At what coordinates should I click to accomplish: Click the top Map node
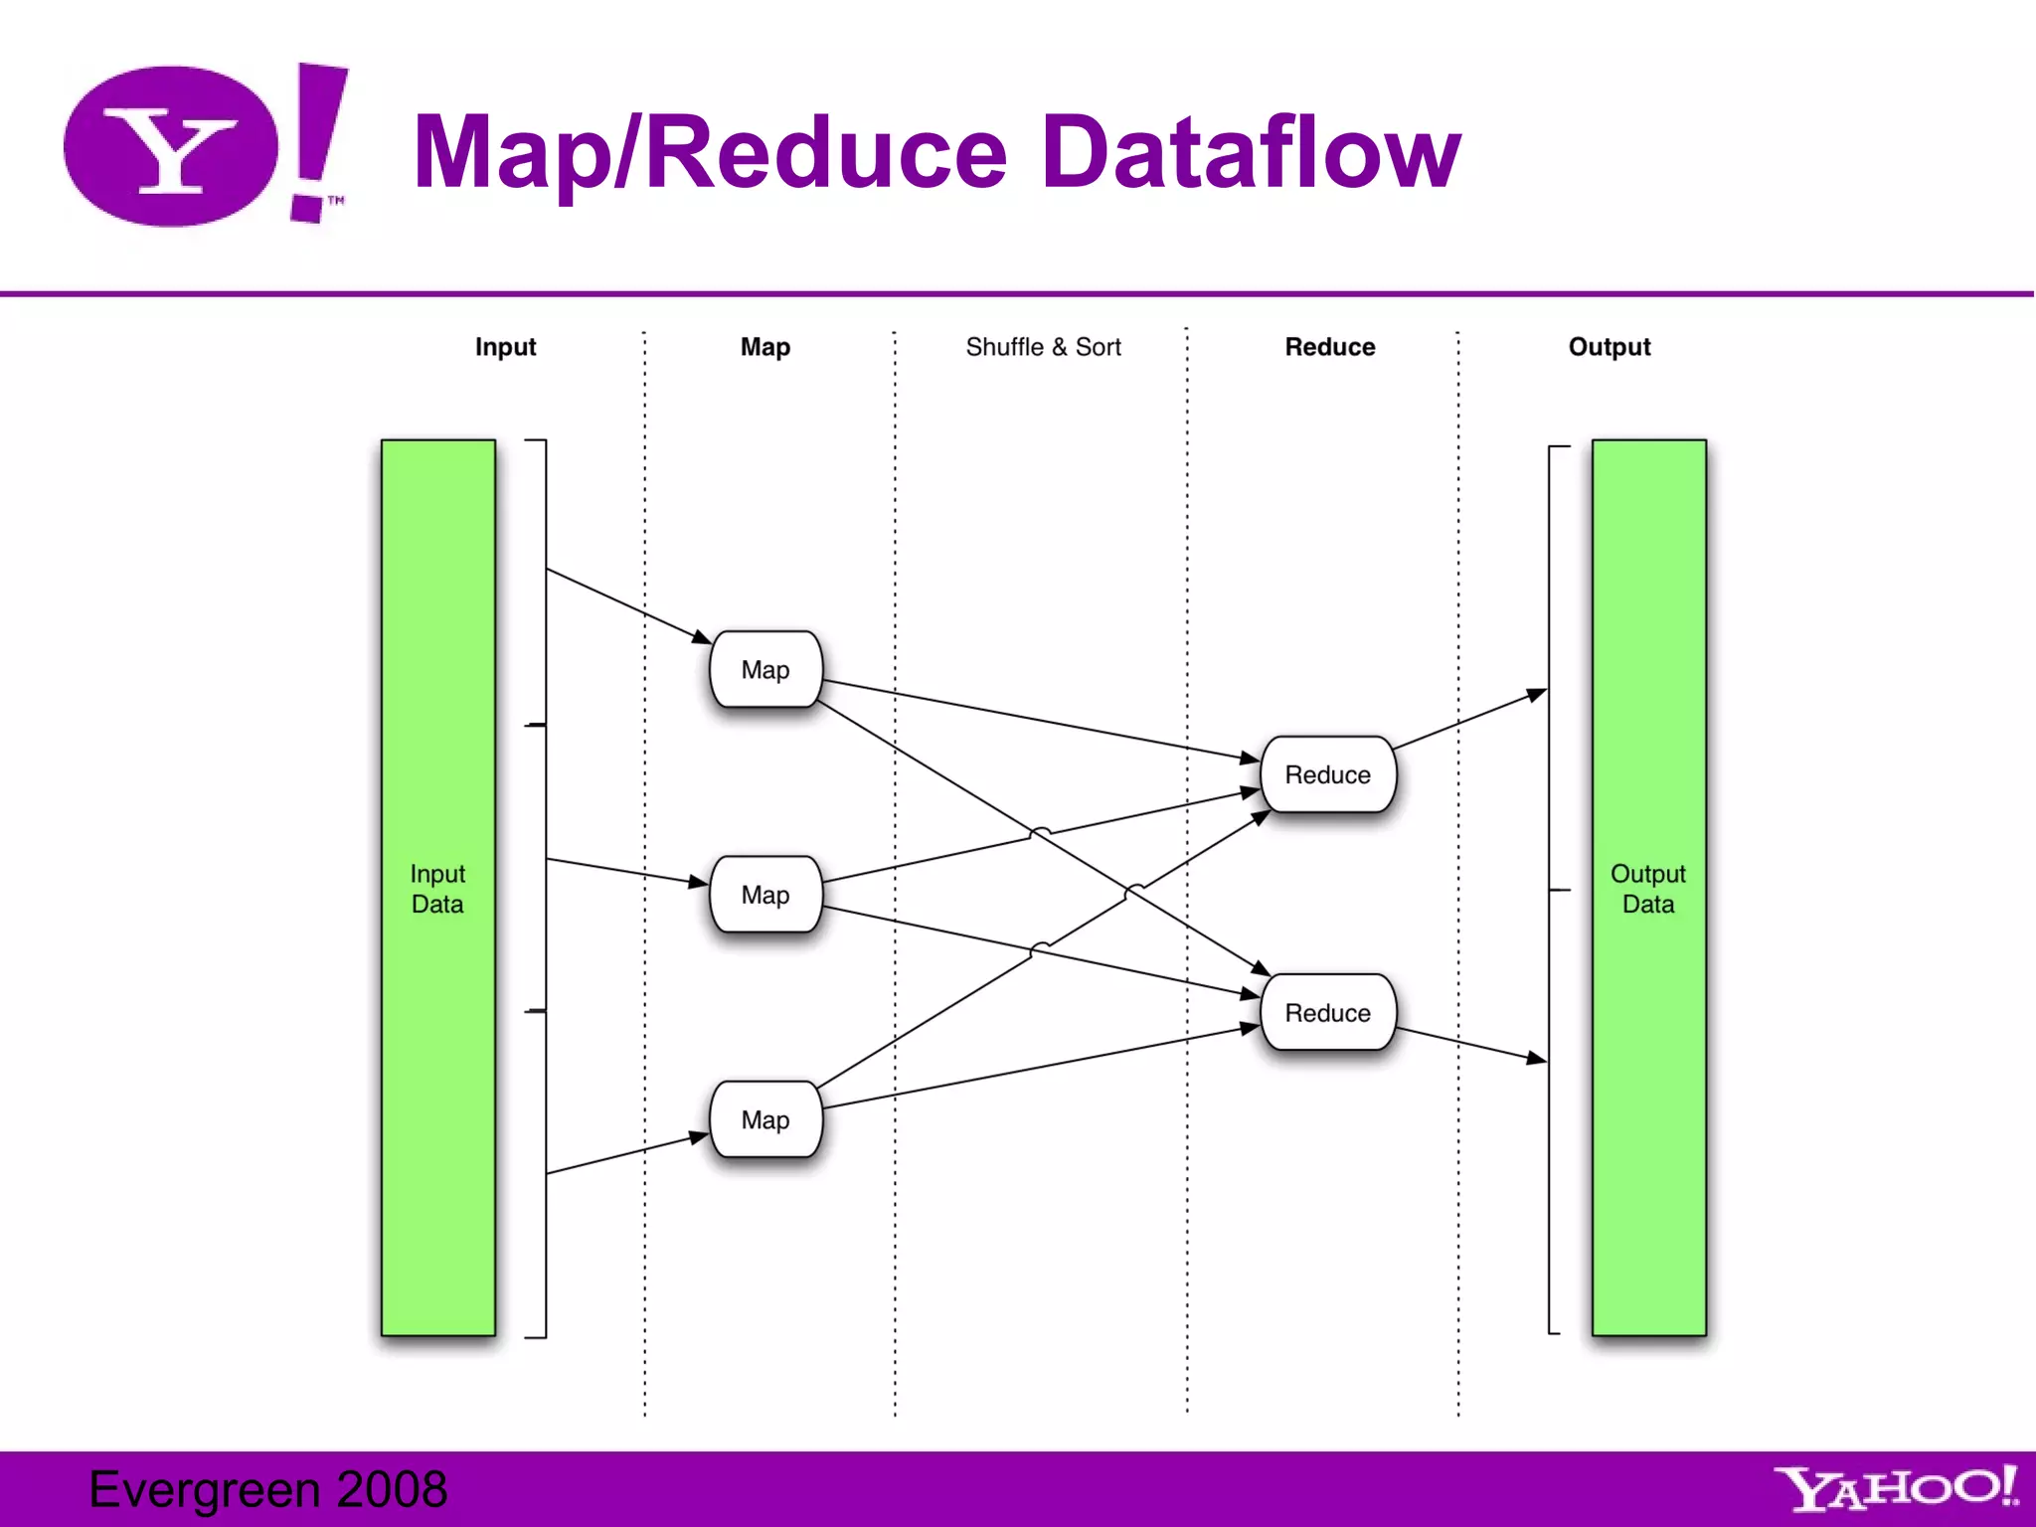[x=765, y=669]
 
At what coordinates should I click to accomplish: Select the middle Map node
[x=765, y=894]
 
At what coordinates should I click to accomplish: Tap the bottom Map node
[x=765, y=1119]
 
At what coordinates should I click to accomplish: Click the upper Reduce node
[x=1327, y=774]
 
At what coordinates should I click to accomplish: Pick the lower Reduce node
[x=1327, y=1012]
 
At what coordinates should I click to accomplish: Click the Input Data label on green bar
[x=437, y=888]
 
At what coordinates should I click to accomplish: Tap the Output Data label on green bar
[x=1647, y=888]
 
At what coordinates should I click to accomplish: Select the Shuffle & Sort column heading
[x=1043, y=347]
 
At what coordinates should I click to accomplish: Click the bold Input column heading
[x=505, y=347]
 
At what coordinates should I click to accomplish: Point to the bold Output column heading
[x=1609, y=347]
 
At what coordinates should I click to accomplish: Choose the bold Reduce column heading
[x=1329, y=347]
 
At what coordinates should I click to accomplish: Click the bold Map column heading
[x=765, y=347]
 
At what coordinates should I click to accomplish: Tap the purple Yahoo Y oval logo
[x=171, y=146]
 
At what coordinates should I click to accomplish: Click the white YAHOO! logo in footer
[x=1895, y=1488]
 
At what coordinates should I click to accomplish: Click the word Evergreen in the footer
[x=205, y=1489]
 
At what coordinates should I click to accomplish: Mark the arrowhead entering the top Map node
[x=702, y=637]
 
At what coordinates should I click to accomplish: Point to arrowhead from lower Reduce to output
[x=1537, y=1059]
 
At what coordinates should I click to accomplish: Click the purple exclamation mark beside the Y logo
[x=318, y=139]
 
